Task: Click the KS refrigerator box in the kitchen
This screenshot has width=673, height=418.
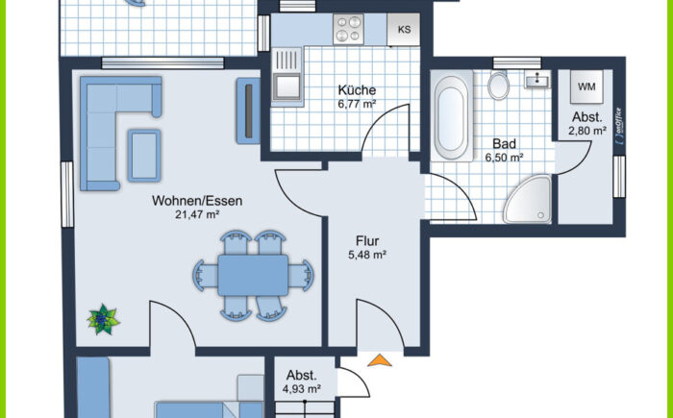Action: coord(403,30)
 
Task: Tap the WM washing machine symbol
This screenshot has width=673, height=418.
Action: coord(586,86)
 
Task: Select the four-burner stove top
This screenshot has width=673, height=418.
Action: coord(348,29)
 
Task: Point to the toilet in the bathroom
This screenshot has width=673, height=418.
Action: coord(498,85)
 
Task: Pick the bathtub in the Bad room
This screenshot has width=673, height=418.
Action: coord(452,115)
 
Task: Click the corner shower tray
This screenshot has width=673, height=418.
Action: coord(528,200)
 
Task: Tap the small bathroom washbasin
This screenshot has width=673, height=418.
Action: coord(537,80)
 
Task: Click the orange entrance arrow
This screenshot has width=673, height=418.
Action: coord(380,360)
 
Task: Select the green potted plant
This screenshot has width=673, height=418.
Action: coord(103,319)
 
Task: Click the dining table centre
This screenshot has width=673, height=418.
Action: coord(253,275)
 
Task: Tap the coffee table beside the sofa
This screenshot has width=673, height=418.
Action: coord(144,156)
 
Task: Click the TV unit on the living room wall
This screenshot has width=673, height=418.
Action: coord(248,111)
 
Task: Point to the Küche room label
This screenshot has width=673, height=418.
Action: coord(357,90)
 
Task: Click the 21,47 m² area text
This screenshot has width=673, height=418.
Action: coord(197,214)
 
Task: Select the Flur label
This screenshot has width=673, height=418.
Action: coord(367,241)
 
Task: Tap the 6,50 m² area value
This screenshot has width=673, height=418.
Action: coord(504,158)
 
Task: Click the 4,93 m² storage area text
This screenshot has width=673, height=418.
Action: coord(302,389)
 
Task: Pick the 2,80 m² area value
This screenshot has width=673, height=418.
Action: coord(587,131)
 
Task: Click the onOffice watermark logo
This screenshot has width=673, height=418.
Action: coord(618,126)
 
